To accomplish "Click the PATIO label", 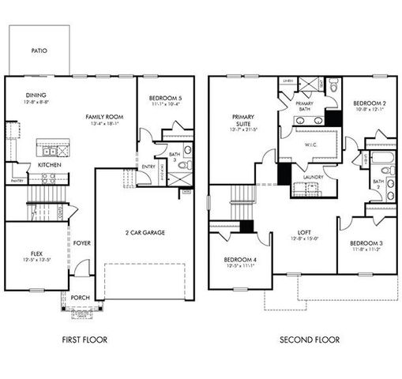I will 39,51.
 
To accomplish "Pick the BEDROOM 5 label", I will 164,99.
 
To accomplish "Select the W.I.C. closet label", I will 310,144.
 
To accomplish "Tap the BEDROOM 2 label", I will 367,103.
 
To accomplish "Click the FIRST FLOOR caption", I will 84,340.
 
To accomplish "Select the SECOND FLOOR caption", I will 310,340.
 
